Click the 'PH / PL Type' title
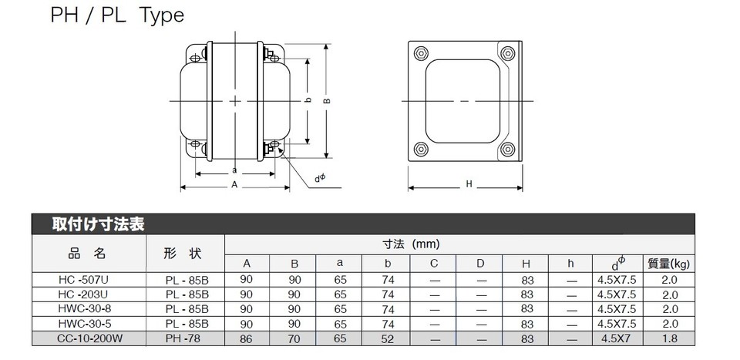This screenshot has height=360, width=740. tap(118, 15)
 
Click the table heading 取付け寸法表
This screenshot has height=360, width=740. tap(99, 224)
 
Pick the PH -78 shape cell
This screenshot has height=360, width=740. tap(185, 338)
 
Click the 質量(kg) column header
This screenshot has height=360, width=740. tap(669, 264)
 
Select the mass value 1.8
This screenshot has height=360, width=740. tap(669, 338)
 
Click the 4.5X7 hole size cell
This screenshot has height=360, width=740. tap(617, 338)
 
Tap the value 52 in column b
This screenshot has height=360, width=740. tap(388, 338)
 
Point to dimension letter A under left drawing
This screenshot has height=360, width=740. tap(234, 185)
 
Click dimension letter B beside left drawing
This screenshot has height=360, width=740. tap(326, 100)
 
